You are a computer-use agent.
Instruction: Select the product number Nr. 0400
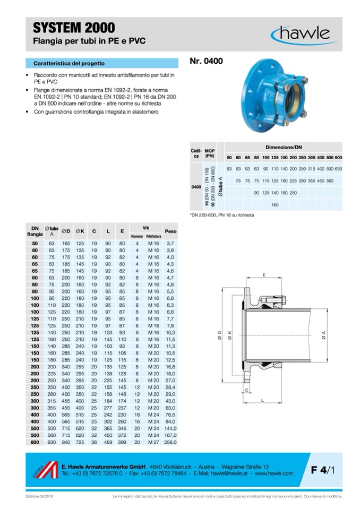pos(206,61)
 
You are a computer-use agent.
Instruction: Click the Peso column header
pos(170,232)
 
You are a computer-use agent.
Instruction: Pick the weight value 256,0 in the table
pos(170,442)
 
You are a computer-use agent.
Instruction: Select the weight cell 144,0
pos(170,428)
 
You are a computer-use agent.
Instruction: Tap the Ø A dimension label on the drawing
pos(323,334)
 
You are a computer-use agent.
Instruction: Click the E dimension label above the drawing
pos(264,274)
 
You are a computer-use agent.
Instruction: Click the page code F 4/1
pos(323,470)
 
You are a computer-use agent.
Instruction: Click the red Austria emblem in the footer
pos(44,470)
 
